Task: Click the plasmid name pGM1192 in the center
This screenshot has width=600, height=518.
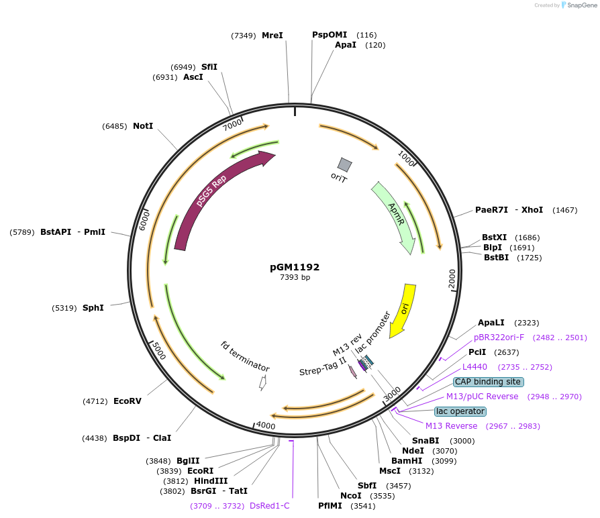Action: pos(295,267)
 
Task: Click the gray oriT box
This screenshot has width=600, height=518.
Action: pos(345,164)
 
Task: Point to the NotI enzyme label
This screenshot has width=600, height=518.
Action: pos(143,126)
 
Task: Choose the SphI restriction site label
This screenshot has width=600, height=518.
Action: pos(93,308)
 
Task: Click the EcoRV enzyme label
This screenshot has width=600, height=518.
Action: pos(128,401)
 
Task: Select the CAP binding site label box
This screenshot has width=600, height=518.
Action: pos(488,382)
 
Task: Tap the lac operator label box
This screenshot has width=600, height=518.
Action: pos(460,411)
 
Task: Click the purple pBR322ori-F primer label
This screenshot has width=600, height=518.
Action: pos(499,338)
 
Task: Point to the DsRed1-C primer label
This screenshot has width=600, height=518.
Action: pos(269,506)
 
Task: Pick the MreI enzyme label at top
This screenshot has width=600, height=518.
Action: pos(272,36)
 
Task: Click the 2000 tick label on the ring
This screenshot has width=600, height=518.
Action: pos(452,278)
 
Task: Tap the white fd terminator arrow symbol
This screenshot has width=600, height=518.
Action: pos(263,383)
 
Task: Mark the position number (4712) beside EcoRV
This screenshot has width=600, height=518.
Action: pos(95,401)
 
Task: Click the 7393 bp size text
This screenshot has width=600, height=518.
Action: pos(295,277)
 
